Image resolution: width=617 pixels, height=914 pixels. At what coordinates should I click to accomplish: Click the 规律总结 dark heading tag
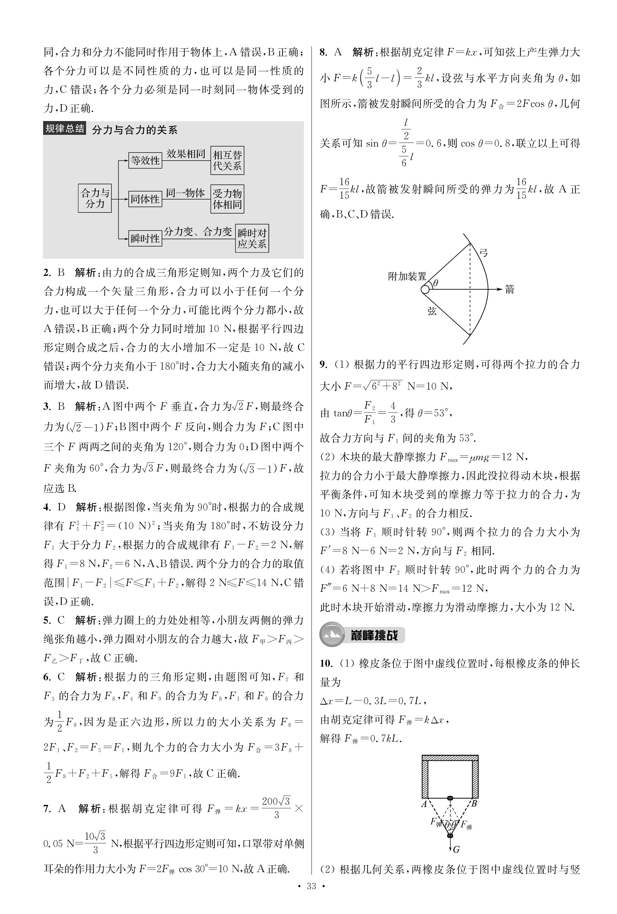point(64,129)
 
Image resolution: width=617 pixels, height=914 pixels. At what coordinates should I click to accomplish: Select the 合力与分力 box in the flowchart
point(95,198)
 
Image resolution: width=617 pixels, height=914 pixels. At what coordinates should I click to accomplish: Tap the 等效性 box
point(145,161)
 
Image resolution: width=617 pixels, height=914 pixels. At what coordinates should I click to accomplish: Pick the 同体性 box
point(145,199)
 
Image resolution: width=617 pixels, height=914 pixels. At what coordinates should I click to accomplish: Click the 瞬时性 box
point(145,238)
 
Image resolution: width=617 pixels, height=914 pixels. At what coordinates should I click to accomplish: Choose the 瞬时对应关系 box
point(252,238)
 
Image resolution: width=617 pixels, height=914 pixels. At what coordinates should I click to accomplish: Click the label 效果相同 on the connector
point(186,154)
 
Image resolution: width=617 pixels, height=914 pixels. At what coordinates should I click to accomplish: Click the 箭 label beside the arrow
point(510,290)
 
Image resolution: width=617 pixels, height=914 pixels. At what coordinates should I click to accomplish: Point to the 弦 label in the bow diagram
point(432,311)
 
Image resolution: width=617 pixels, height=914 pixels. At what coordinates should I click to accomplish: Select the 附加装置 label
point(407,276)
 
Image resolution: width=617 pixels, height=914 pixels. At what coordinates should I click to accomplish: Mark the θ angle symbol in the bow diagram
point(436,283)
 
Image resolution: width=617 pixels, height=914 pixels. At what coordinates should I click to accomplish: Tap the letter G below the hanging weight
point(456,850)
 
